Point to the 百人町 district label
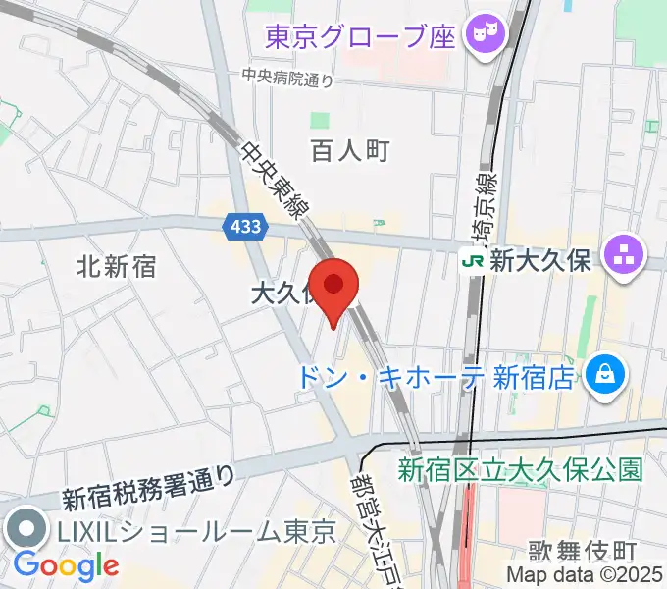[350, 150]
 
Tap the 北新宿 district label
[117, 266]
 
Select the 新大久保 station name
[539, 260]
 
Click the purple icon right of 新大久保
[623, 257]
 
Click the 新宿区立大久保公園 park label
[520, 469]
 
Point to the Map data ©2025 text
[585, 574]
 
